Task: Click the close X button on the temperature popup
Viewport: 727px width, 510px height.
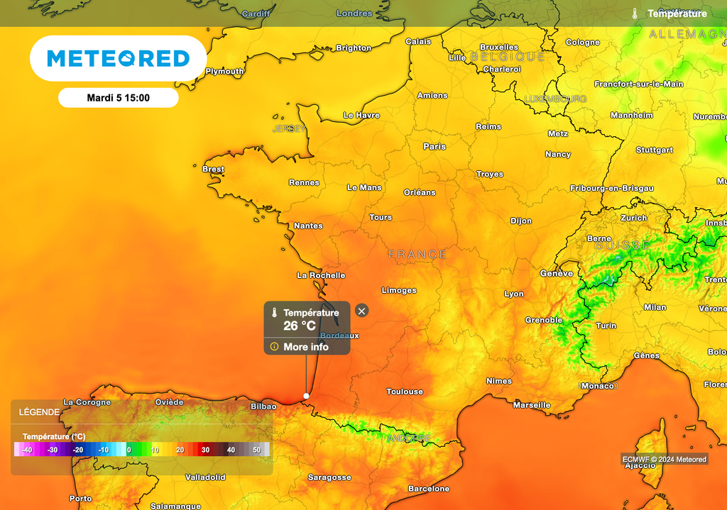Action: click(361, 311)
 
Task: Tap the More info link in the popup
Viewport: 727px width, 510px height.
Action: click(306, 347)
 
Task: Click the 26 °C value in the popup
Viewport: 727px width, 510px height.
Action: click(300, 326)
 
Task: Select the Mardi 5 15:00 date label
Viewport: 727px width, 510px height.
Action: click(118, 98)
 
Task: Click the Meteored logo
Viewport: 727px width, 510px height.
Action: click(118, 58)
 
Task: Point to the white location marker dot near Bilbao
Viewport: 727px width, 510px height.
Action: click(306, 396)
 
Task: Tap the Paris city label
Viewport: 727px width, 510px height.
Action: click(434, 146)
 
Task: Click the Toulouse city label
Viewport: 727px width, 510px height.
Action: click(405, 392)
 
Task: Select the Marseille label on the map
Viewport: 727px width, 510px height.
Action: click(532, 405)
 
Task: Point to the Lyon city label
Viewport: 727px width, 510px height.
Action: click(514, 294)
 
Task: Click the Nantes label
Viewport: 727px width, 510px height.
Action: click(308, 226)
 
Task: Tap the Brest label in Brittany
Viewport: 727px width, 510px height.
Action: click(213, 170)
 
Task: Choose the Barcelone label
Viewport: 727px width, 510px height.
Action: click(429, 489)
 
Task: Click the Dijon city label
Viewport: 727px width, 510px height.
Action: click(521, 221)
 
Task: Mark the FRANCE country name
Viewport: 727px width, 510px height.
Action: click(417, 254)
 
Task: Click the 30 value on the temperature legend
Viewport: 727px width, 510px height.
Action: click(205, 450)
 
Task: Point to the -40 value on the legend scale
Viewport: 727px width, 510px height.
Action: click(27, 450)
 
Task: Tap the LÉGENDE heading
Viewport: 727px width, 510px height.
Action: click(39, 412)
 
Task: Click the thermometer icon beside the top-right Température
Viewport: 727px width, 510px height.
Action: click(635, 13)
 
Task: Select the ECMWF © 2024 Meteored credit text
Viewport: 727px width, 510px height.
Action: click(665, 460)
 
